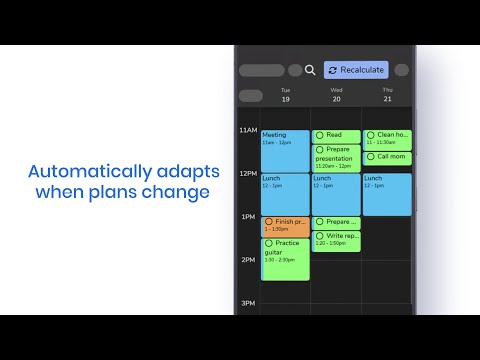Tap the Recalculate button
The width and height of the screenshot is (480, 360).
(x=355, y=70)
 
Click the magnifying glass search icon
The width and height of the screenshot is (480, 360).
(x=310, y=70)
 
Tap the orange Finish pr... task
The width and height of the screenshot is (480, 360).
(x=285, y=225)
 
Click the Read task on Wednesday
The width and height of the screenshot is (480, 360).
(x=336, y=135)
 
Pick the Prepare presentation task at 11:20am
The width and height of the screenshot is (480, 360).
(x=336, y=158)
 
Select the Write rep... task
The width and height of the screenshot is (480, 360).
(x=336, y=240)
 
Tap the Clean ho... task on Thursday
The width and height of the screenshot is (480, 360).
(x=387, y=139)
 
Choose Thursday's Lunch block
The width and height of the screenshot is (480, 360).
(x=387, y=194)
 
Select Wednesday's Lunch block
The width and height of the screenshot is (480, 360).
(x=336, y=194)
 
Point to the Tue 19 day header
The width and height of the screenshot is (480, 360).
(x=285, y=95)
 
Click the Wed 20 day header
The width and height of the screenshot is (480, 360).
(x=336, y=95)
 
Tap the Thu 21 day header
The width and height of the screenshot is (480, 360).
(x=387, y=95)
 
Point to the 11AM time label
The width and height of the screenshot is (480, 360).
(x=248, y=131)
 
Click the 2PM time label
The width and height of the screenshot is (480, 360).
(x=248, y=260)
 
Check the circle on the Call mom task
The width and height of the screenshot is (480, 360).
(x=371, y=156)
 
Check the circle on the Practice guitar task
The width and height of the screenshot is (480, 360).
(x=269, y=243)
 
